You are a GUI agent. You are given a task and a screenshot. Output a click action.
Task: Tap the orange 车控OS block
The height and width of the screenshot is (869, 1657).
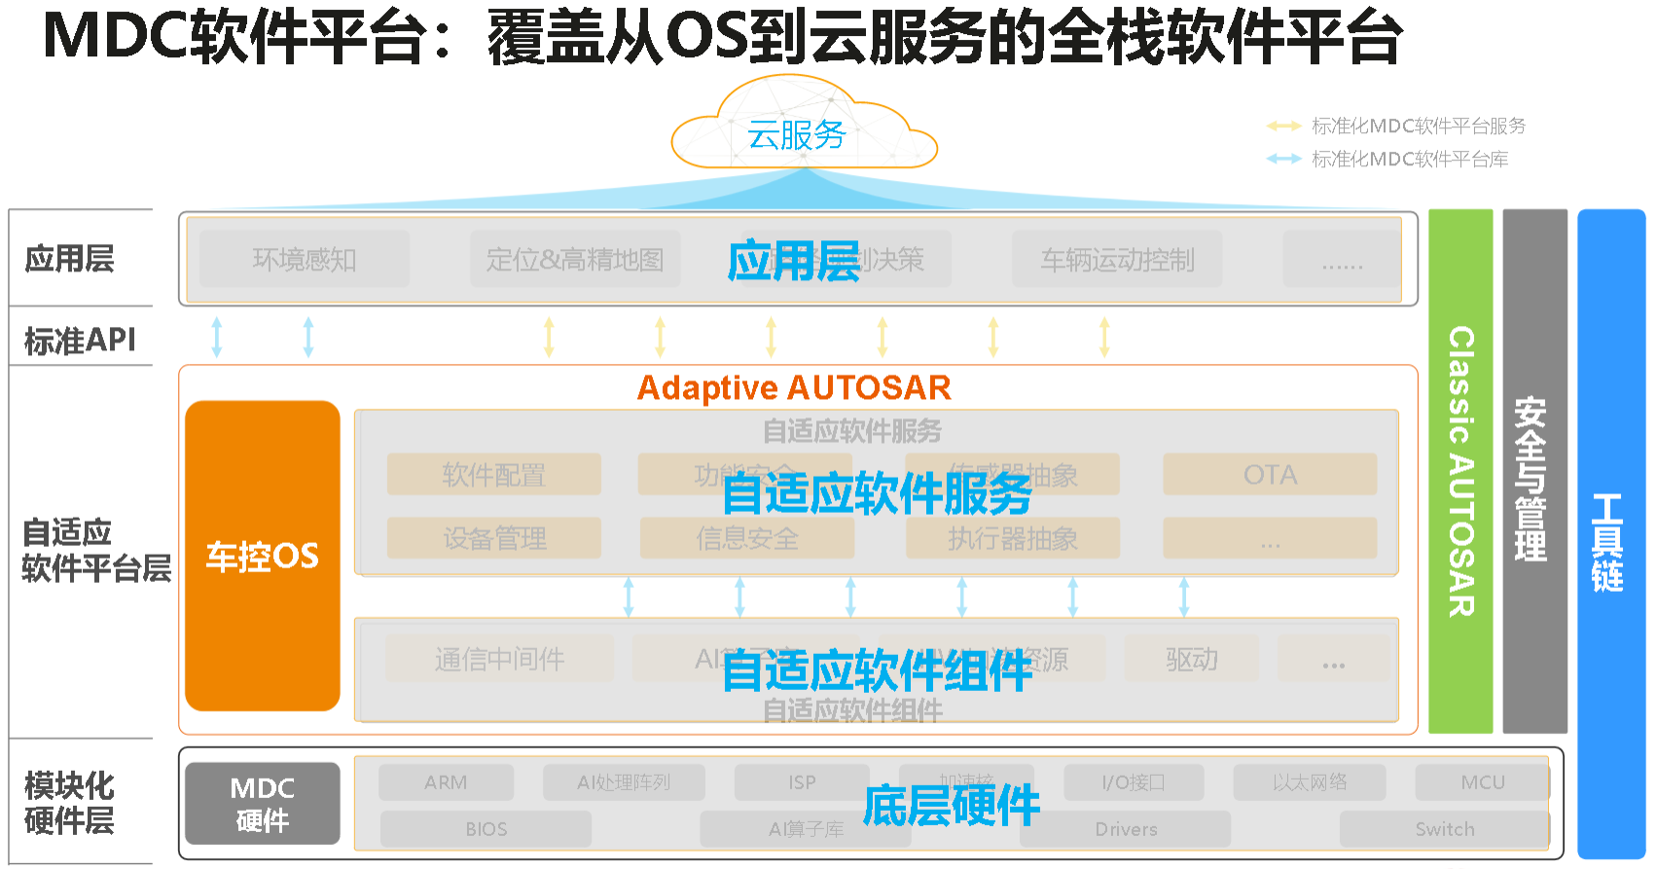pos(262,556)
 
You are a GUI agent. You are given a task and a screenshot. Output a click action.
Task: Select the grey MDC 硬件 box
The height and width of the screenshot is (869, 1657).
pos(262,804)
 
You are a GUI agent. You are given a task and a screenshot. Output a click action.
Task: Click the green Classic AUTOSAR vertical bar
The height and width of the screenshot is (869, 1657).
pos(1459,471)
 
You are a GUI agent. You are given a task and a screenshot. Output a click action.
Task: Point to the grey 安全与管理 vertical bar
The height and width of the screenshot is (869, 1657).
pos(1533,471)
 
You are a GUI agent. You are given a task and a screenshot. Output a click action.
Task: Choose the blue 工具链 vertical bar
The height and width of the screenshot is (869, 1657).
pos(1609,535)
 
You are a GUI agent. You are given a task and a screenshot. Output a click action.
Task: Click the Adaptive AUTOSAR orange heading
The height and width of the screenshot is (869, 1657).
pos(794,387)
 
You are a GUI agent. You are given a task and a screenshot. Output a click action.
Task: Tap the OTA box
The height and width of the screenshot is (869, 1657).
pos(1270,475)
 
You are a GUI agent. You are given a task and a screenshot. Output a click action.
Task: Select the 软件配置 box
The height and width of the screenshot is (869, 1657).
pos(493,475)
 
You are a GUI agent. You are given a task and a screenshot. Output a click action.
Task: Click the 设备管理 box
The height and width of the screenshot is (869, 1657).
pos(493,538)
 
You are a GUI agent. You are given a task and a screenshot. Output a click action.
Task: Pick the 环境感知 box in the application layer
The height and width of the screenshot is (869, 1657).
pos(304,259)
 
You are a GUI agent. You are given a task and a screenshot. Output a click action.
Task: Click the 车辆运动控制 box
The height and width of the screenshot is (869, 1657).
pos(1117,259)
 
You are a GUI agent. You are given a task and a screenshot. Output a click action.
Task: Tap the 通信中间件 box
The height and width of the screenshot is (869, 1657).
pos(499,659)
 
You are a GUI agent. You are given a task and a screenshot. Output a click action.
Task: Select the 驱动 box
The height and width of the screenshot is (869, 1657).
pos(1191,659)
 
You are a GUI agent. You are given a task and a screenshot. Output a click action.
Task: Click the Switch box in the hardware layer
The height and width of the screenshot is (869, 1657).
pos(1444,829)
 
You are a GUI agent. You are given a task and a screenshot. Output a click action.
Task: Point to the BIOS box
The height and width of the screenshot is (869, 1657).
pos(486,829)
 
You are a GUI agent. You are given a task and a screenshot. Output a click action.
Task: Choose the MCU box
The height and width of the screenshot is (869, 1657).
pos(1482,782)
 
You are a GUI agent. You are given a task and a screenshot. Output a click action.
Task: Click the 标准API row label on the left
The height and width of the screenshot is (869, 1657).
pos(80,340)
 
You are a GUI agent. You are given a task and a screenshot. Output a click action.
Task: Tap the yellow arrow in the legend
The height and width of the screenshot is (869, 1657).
pos(1283,126)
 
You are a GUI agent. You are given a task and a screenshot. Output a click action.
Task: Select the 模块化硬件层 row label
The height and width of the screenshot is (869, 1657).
pos(69,803)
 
